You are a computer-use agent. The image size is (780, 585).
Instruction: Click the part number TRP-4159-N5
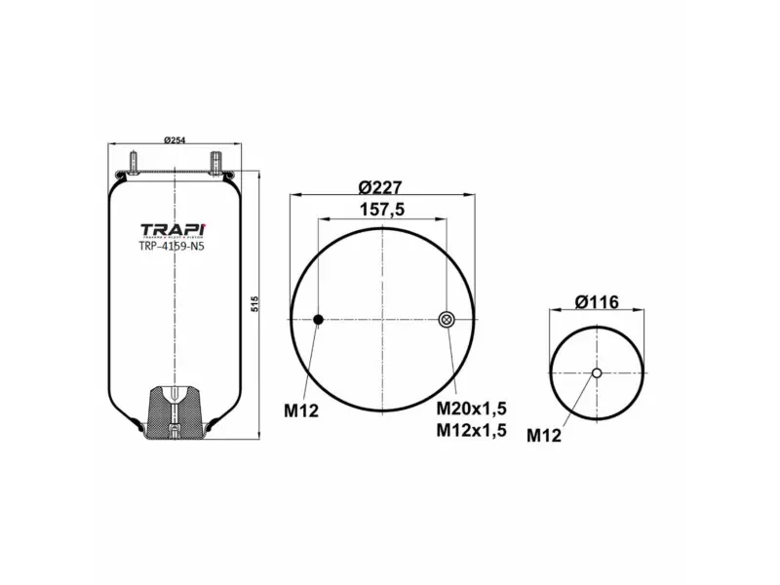(x=173, y=247)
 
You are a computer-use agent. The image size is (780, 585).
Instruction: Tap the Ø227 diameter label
(x=380, y=188)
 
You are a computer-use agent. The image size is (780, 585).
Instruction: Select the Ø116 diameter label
(x=597, y=303)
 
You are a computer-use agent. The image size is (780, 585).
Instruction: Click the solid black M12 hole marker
(x=318, y=320)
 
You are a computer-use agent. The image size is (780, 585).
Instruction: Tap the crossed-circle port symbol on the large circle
(x=447, y=320)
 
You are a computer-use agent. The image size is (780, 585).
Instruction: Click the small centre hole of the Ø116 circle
(x=597, y=371)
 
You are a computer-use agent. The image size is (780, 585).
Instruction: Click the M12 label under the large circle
(x=301, y=409)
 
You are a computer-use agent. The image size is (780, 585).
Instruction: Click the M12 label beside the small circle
(x=544, y=436)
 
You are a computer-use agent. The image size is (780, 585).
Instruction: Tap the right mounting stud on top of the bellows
(x=214, y=158)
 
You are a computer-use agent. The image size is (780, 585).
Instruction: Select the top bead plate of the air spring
(x=173, y=174)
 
